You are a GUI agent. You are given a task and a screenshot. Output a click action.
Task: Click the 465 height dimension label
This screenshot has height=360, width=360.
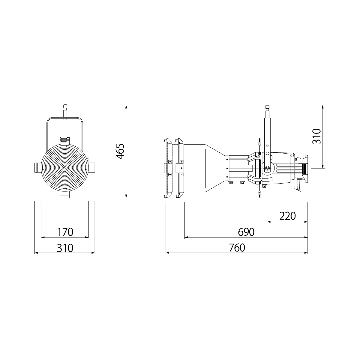tap(120, 151)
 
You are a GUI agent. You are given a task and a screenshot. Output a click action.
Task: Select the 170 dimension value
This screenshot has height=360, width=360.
tap(65, 232)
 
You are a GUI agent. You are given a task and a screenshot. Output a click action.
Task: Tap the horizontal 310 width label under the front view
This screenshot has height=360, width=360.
tap(65, 248)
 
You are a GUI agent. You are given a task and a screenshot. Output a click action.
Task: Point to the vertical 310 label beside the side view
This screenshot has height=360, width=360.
tap(317, 136)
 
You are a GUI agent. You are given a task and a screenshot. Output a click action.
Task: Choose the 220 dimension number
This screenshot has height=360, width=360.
tap(287, 216)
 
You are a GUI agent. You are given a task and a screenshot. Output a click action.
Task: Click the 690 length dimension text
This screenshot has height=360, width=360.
tap(246, 232)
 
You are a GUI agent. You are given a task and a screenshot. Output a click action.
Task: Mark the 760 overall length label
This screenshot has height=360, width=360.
tap(237, 248)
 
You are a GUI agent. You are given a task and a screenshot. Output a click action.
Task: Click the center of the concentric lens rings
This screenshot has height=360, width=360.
tap(65, 168)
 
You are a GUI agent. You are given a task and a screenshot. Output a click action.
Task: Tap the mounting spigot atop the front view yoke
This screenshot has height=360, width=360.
tap(65, 112)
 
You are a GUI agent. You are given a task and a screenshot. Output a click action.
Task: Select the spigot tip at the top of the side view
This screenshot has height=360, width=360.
tap(268, 107)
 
